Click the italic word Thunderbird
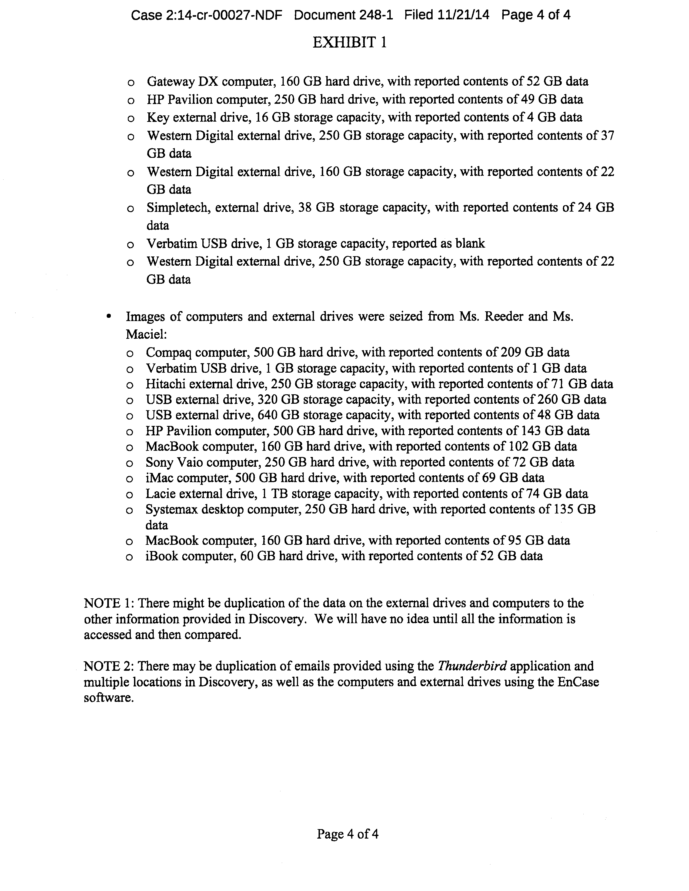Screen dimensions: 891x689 (x=472, y=666)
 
